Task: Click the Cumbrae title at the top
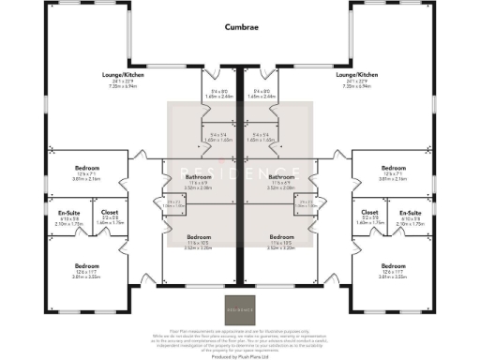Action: pyautogui.click(x=239, y=28)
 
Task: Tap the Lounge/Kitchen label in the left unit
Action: pyautogui.click(x=123, y=74)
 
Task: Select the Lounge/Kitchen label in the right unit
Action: pyautogui.click(x=355, y=74)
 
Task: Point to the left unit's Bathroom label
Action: pyautogui.click(x=198, y=177)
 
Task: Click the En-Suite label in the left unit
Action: pyautogui.click(x=67, y=213)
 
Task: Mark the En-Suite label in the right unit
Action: pyautogui.click(x=412, y=213)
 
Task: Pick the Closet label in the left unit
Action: pyautogui.click(x=109, y=213)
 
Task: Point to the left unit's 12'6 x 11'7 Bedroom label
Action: pyautogui.click(x=87, y=266)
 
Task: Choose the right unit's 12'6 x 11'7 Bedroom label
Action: pyautogui.click(x=393, y=266)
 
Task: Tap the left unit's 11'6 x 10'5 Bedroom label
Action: pyautogui.click(x=198, y=237)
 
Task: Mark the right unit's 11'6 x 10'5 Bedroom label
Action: pyautogui.click(x=281, y=237)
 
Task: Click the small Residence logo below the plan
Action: pyautogui.click(x=239, y=307)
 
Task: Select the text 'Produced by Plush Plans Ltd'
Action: pyautogui.click(x=239, y=354)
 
